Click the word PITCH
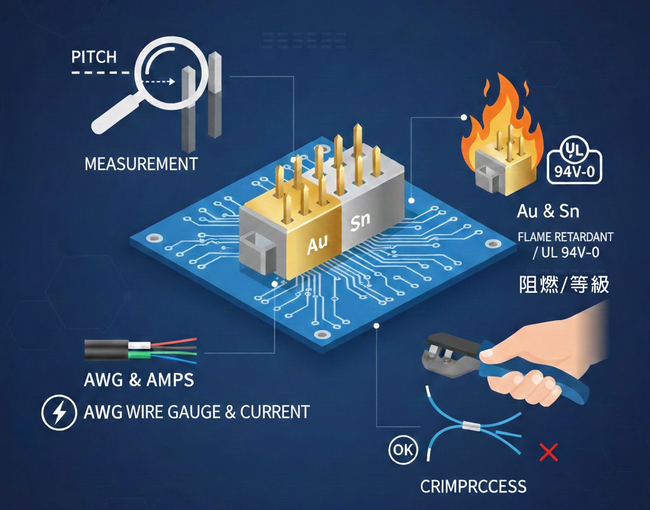click(x=94, y=57)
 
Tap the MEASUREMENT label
click(x=141, y=164)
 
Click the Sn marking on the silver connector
click(x=360, y=222)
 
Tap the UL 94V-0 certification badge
click(x=574, y=161)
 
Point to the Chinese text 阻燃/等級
click(x=564, y=284)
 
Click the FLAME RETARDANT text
click(x=566, y=237)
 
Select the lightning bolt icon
click(x=59, y=412)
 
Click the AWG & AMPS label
click(x=139, y=380)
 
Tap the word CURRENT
click(x=275, y=412)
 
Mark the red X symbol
click(x=547, y=453)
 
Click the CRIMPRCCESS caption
click(x=473, y=487)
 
